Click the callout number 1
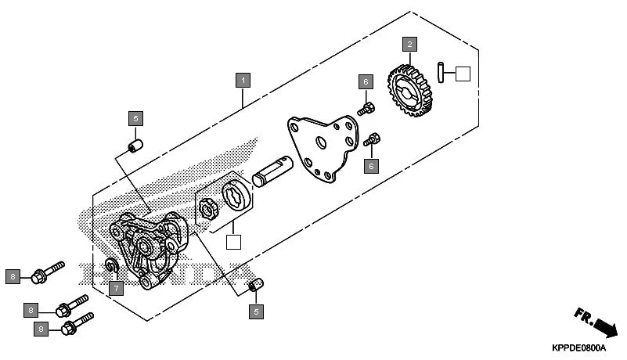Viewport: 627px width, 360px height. tap(243, 81)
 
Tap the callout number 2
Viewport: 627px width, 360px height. tap(409, 44)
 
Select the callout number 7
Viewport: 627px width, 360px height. tap(116, 289)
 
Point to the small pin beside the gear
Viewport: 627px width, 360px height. tap(443, 72)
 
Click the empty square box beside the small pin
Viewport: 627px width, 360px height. tap(462, 74)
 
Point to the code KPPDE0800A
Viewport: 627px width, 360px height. tap(584, 347)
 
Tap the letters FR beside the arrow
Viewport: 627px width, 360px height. tap(583, 315)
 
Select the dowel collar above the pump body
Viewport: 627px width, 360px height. tap(135, 146)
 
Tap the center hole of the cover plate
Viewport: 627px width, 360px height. tap(320, 143)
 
